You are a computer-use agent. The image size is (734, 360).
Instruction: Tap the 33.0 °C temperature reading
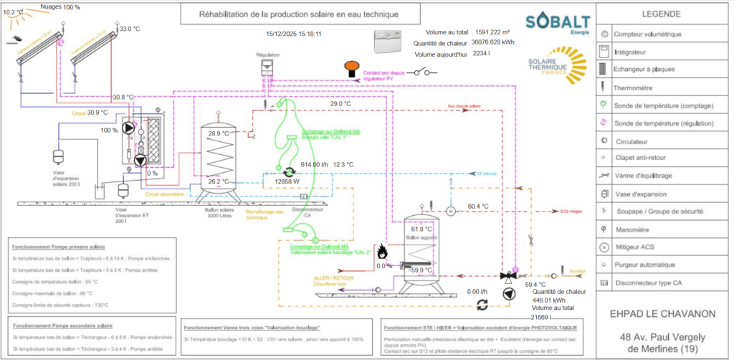[129, 29]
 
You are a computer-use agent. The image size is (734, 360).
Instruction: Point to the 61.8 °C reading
[421, 229]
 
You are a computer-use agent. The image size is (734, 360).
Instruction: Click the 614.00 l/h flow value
[314, 164]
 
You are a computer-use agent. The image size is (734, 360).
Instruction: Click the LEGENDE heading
[661, 14]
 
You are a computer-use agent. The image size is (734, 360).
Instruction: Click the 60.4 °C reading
[478, 207]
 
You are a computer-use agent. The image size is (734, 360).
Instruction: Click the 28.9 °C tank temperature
[219, 134]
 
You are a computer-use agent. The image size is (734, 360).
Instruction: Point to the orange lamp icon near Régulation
[351, 67]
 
